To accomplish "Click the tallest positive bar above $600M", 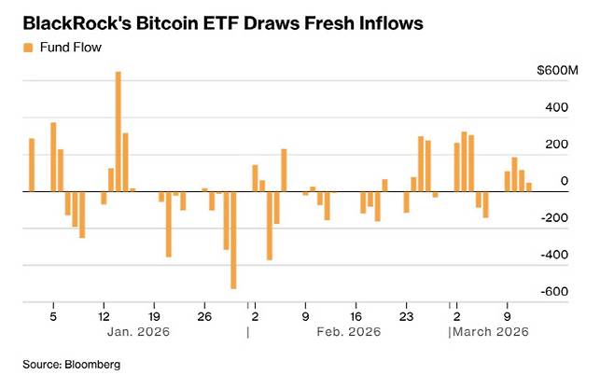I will click(x=119, y=131).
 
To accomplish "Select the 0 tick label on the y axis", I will click(x=564, y=181).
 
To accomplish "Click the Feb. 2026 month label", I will click(x=348, y=332).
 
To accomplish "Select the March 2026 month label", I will click(x=492, y=332).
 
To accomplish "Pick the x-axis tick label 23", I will click(x=406, y=315).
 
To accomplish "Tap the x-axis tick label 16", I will click(x=356, y=315).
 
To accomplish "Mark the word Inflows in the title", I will click(x=383, y=21).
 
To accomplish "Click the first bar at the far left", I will click(x=32, y=165).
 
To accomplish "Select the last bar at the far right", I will click(x=529, y=187).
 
